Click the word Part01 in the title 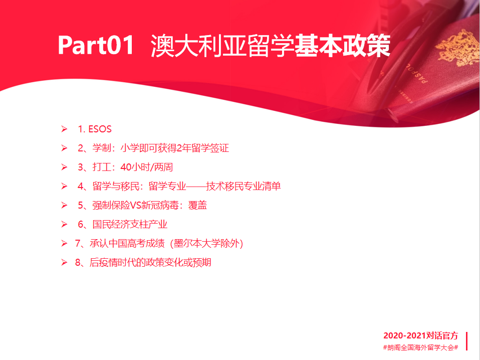pos(96,45)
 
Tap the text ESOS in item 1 pos(100,129)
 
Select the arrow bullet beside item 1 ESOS pos(64,129)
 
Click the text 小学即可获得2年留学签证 pos(174,148)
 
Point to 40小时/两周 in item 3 pos(147,167)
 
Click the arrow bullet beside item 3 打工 pos(64,167)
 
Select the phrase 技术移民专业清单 pos(244,187)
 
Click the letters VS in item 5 pos(136,205)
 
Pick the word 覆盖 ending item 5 pos(197,205)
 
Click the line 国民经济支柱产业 pos(130,224)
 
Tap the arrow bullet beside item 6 pos(64,224)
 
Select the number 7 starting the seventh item pos(78,244)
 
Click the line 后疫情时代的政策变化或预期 pos(150,263)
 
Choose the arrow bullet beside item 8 pos(64,262)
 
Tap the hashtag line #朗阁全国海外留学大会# pos(420,347)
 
